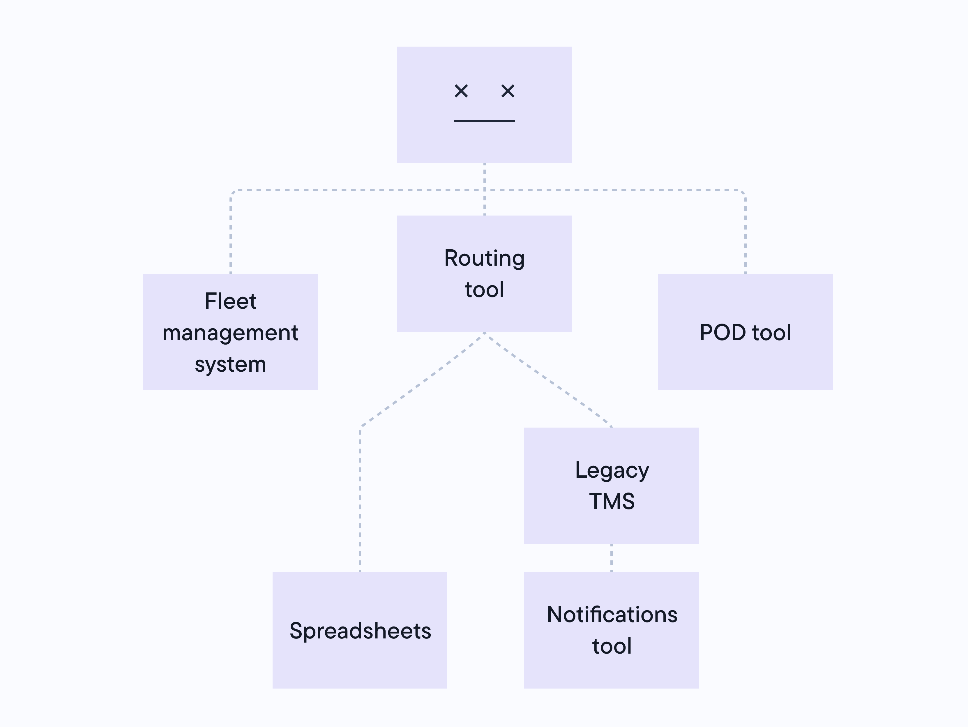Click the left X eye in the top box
coord(461,91)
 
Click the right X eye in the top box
coord(508,91)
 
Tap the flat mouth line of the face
coord(485,121)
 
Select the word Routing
coord(485,258)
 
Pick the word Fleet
coord(231,301)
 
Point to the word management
coord(231,333)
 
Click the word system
coord(231,364)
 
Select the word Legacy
coord(612,470)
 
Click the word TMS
coord(612,502)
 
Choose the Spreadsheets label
coord(360,631)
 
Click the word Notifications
coord(612,615)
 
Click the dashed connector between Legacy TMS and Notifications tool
coord(611,558)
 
